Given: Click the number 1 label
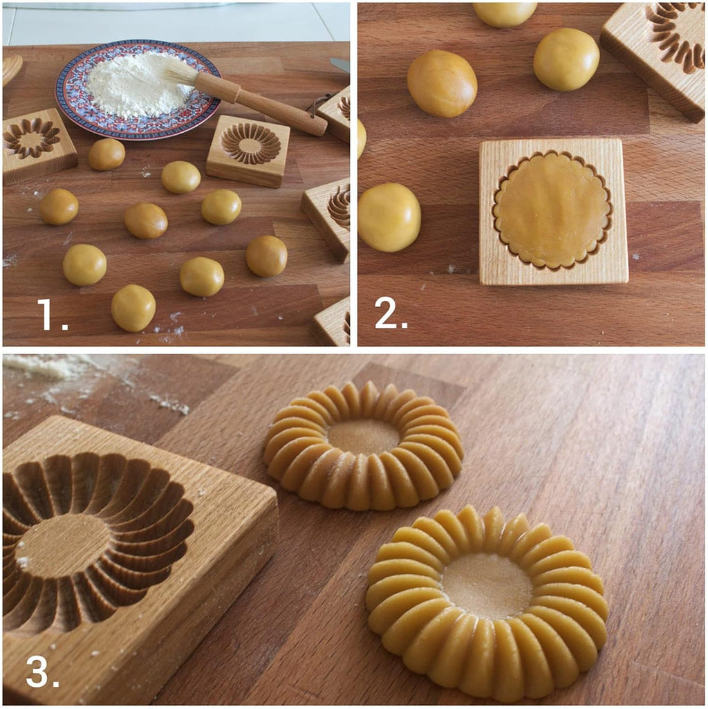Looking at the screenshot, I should (x=53, y=314).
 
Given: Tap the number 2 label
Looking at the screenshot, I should (x=391, y=314).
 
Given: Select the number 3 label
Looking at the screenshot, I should (x=41, y=671).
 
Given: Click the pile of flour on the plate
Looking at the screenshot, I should (x=136, y=86).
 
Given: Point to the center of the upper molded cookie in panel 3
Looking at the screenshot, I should (x=363, y=436).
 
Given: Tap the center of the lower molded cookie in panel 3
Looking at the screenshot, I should (x=487, y=585).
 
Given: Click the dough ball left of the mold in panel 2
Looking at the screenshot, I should (x=389, y=217).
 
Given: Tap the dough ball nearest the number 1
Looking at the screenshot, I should (x=133, y=307).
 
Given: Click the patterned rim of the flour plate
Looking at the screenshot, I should (x=76, y=111).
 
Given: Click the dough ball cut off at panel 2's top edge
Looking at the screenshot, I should (x=505, y=12).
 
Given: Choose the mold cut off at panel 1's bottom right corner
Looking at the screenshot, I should (x=333, y=323).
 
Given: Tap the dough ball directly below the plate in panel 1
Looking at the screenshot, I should (x=180, y=177).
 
